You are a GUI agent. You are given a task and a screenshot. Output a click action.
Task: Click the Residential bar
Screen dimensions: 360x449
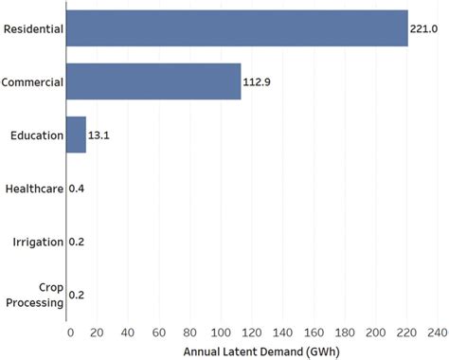click(x=237, y=29)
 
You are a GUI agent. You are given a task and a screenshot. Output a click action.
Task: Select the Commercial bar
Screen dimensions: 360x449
click(x=153, y=82)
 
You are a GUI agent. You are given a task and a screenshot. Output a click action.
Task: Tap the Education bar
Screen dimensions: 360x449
click(x=76, y=135)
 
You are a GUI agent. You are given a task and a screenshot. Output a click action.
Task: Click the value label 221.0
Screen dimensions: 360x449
click(x=422, y=29)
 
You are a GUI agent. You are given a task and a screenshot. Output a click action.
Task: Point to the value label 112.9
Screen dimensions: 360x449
click(x=259, y=82)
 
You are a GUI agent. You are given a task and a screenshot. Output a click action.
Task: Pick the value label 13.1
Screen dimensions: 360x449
click(x=99, y=135)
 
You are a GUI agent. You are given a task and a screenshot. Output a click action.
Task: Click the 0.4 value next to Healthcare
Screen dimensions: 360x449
click(x=78, y=189)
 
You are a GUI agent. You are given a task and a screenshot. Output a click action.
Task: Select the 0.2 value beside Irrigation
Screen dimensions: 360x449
click(x=78, y=242)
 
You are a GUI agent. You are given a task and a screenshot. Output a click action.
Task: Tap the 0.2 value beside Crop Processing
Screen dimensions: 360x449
click(x=78, y=295)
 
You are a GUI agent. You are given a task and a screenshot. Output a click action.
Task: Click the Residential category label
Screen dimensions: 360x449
click(x=33, y=29)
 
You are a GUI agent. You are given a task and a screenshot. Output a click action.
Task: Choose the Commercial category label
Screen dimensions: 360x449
click(x=32, y=82)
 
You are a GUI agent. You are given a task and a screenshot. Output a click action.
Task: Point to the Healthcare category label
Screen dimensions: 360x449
click(x=33, y=189)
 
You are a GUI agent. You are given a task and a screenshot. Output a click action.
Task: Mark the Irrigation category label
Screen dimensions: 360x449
click(x=38, y=242)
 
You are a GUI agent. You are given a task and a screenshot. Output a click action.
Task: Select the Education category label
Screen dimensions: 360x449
click(x=37, y=135)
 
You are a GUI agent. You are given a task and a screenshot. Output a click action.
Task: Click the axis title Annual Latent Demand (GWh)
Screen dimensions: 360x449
click(x=252, y=351)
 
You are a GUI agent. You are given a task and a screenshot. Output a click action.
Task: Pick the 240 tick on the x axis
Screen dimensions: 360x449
click(x=437, y=333)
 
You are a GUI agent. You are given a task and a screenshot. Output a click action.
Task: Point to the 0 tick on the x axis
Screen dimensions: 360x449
click(x=69, y=333)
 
